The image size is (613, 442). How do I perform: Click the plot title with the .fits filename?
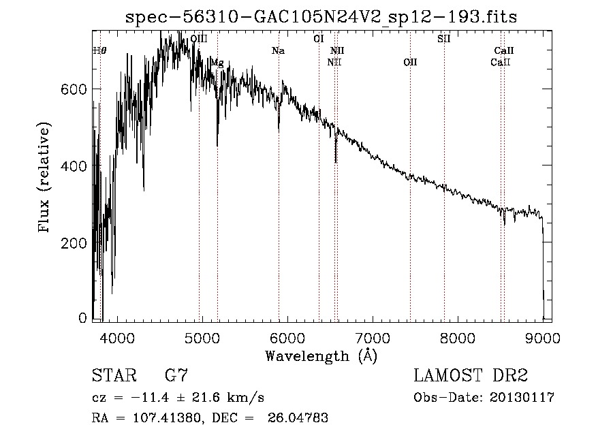(x=321, y=17)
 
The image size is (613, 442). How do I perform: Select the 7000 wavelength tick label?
(x=373, y=337)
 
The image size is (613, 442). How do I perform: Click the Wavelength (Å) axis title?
(x=321, y=356)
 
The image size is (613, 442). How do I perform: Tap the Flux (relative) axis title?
(x=46, y=178)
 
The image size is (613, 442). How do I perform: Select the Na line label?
(x=278, y=50)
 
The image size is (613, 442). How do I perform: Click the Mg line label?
(x=217, y=63)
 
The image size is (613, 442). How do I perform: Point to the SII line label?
(x=443, y=39)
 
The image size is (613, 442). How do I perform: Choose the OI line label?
(x=318, y=39)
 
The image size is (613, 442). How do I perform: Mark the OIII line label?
(x=199, y=39)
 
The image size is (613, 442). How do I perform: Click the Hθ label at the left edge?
(x=99, y=50)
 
